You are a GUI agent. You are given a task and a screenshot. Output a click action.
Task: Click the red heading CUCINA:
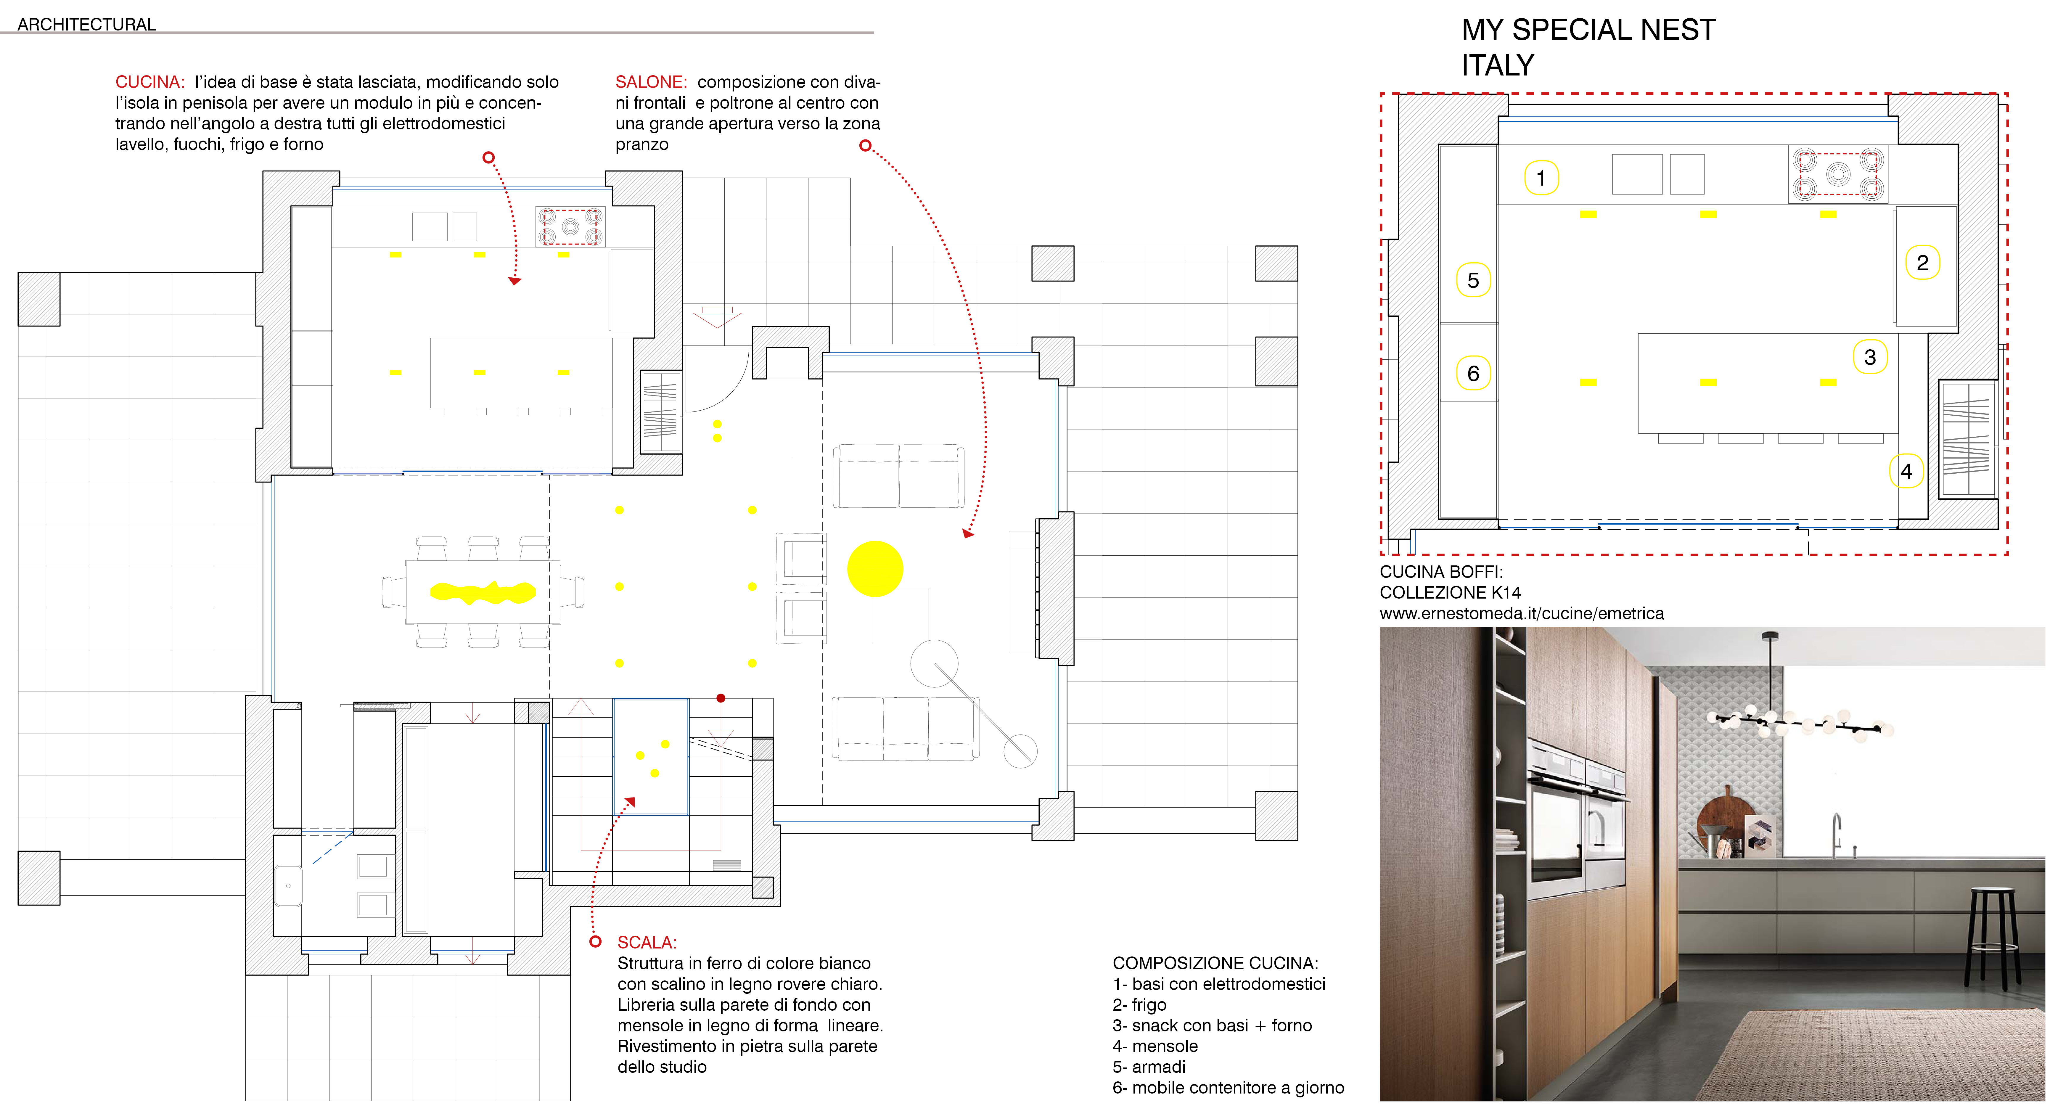(x=150, y=82)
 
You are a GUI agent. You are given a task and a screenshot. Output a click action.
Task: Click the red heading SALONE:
(x=650, y=82)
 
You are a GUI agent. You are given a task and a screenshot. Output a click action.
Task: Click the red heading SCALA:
(x=646, y=942)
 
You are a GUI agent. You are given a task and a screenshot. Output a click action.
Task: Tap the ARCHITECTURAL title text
(x=86, y=24)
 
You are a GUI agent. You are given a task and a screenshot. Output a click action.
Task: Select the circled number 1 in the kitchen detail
(x=1540, y=178)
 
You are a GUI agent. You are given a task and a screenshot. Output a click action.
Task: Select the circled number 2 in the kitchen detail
(x=1922, y=263)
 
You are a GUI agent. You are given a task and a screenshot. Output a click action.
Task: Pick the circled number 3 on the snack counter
(x=1869, y=357)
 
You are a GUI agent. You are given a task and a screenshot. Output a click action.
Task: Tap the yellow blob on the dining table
(x=483, y=593)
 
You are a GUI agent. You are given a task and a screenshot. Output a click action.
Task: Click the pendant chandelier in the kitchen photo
(x=1798, y=721)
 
